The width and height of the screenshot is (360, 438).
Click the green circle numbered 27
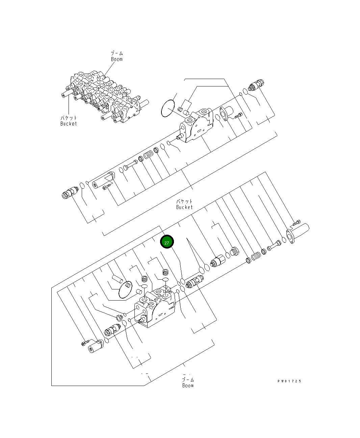[x=166, y=242]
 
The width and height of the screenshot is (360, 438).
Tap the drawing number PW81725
[x=289, y=381]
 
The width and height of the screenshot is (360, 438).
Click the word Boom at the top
[x=117, y=59]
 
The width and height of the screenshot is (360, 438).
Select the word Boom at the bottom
[x=188, y=385]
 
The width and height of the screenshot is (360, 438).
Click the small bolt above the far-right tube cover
[x=297, y=223]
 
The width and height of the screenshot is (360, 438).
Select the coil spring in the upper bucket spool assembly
[x=148, y=156]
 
